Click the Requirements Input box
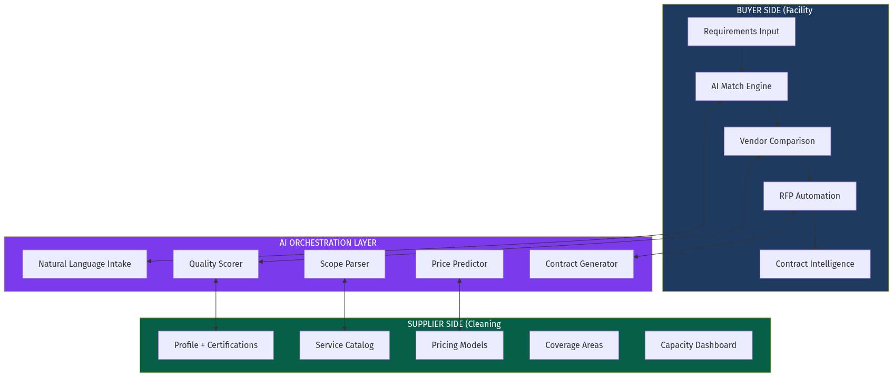point(741,32)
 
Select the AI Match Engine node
point(741,86)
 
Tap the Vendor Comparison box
point(777,141)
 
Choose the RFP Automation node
point(809,196)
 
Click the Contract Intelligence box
point(815,264)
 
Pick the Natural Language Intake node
point(84,264)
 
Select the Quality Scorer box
point(215,264)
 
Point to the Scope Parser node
point(344,264)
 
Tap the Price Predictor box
point(459,264)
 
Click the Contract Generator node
point(581,264)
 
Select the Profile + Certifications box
point(215,345)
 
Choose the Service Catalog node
point(344,345)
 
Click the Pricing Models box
point(459,345)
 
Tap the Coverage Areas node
point(574,345)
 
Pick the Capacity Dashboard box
point(698,345)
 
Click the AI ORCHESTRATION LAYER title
point(328,243)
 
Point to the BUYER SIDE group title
point(774,11)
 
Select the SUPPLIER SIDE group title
point(454,324)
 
